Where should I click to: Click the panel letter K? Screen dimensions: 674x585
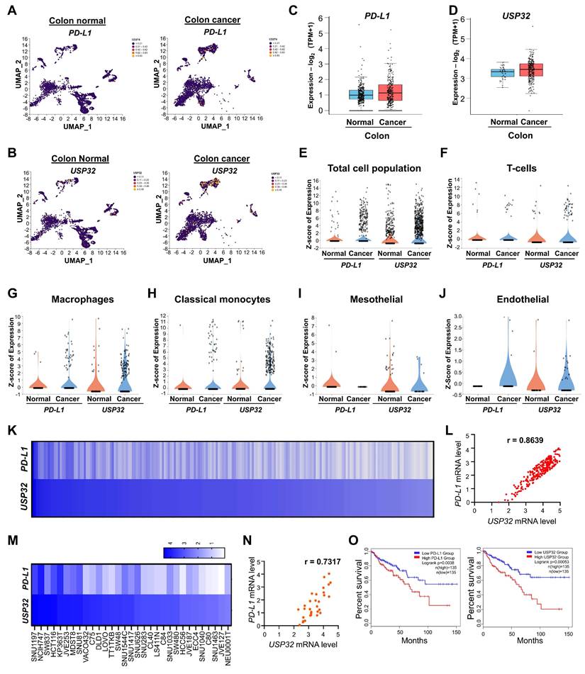coord(11,430)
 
